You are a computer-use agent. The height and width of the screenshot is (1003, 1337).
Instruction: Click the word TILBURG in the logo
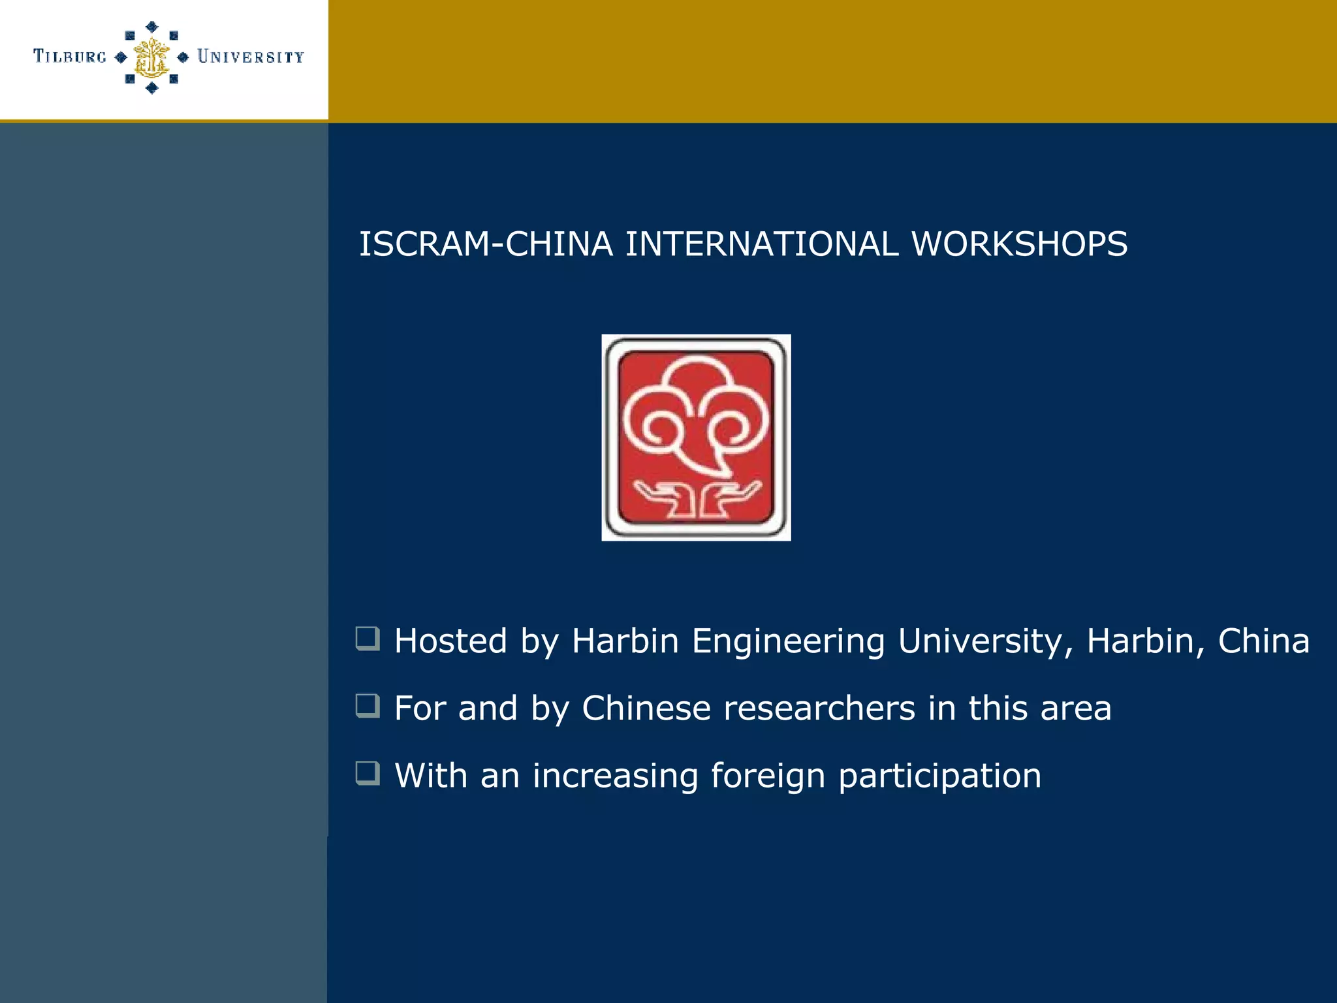(70, 57)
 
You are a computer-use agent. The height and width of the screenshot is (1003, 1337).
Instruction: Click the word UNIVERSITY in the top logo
(251, 57)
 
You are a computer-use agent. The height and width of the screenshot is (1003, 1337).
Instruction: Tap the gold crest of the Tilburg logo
(151, 57)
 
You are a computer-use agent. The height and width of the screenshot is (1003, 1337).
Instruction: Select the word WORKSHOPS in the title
(1019, 244)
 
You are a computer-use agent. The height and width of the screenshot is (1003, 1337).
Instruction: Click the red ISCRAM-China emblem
(696, 438)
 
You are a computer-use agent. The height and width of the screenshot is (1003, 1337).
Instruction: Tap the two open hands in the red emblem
(696, 500)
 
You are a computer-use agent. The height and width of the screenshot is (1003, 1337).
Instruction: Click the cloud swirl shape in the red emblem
(696, 411)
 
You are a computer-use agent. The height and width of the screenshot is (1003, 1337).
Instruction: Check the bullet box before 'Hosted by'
(368, 639)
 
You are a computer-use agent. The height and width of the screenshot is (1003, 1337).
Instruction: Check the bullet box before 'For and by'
(368, 706)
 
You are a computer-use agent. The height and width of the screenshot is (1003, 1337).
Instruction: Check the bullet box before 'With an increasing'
(368, 773)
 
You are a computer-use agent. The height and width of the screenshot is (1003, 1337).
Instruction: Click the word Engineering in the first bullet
(788, 641)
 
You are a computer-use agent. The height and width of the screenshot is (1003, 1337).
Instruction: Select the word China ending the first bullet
(1263, 641)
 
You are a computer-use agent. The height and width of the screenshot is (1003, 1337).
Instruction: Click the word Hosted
(450, 641)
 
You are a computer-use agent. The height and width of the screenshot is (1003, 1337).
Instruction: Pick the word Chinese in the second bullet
(646, 708)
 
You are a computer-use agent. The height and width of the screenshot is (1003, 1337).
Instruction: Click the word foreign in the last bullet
(768, 777)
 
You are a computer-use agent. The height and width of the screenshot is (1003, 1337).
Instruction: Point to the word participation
(939, 777)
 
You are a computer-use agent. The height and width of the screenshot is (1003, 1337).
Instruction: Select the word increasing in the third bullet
(615, 777)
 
